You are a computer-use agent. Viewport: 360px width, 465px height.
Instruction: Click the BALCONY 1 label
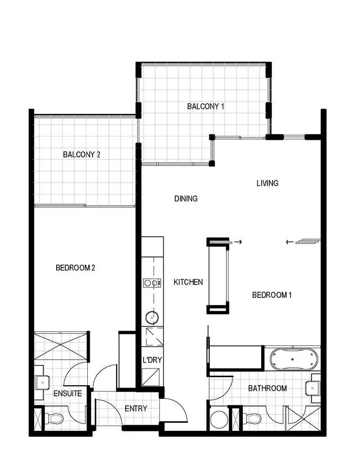(x=205, y=106)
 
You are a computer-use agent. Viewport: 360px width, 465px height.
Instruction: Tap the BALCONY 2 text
(x=81, y=155)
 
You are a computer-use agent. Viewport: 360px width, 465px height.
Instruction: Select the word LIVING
(x=267, y=183)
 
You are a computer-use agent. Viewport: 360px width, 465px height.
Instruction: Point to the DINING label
(x=186, y=198)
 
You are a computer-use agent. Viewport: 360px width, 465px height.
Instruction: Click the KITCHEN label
(x=188, y=282)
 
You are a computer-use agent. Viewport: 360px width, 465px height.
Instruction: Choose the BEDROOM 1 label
(x=272, y=295)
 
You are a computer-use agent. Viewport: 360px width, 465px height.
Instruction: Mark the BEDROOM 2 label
(x=75, y=268)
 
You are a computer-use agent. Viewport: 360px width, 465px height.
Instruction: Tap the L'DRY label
(x=150, y=360)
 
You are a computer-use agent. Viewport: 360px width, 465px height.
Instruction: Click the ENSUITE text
(x=68, y=393)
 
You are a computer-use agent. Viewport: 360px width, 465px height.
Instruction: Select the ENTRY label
(x=136, y=408)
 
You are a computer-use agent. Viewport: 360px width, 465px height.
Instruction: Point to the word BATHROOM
(x=267, y=388)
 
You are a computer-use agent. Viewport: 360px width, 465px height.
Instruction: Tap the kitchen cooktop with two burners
(x=152, y=283)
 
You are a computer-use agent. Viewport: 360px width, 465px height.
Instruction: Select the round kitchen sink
(x=152, y=317)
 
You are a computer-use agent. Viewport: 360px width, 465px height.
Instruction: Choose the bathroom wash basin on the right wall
(x=315, y=387)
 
